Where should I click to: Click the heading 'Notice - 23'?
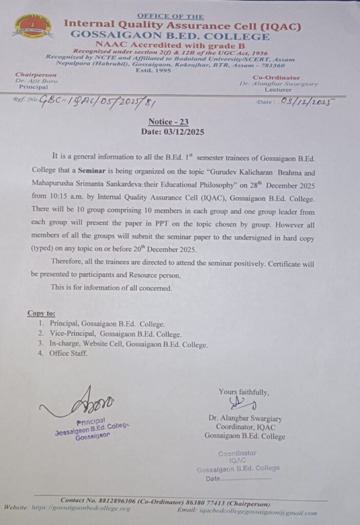[x=172, y=122]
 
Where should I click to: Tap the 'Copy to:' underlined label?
[x=41, y=313]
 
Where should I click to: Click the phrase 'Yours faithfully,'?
[x=244, y=392]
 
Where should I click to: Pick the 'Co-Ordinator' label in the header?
[x=277, y=77]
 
